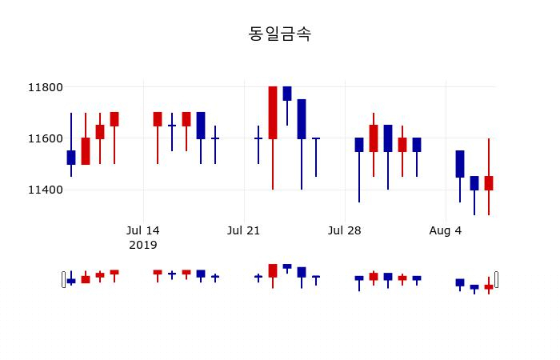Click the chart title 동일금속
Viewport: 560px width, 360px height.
[x=280, y=34]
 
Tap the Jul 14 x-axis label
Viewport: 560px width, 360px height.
[x=143, y=230]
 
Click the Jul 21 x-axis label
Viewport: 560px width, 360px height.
[x=244, y=230]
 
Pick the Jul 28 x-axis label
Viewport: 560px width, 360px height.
[x=345, y=230]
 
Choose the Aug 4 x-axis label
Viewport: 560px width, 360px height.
[x=446, y=230]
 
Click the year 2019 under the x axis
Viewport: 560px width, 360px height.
[x=143, y=245]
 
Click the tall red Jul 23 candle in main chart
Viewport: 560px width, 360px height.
[x=273, y=113]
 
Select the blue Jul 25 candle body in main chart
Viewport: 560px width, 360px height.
[x=302, y=119]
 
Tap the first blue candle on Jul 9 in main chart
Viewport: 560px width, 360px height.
[x=71, y=158]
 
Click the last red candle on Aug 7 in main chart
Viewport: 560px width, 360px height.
[x=489, y=183]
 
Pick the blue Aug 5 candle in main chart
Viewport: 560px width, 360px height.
[x=460, y=164]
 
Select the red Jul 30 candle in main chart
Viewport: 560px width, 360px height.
[x=374, y=138]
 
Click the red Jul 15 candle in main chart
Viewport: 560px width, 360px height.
[x=158, y=119]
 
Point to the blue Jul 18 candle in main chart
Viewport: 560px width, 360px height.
[x=201, y=126]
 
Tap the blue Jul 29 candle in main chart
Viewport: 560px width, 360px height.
[x=359, y=145]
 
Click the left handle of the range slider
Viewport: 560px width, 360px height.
[x=64, y=279]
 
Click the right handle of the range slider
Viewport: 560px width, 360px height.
[x=496, y=279]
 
